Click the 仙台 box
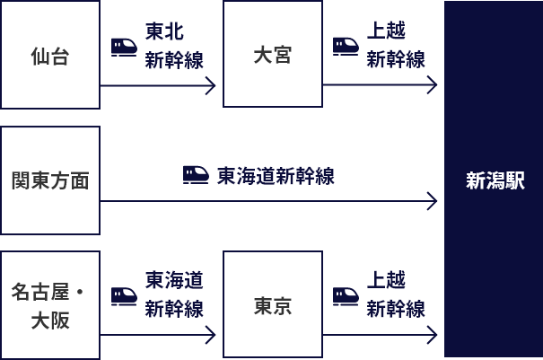[50, 55]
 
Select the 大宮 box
[273, 55]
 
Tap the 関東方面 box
[50, 180]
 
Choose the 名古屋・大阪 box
[50, 305]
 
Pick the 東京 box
[273, 305]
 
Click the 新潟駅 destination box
[494, 180]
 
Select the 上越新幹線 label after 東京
[386, 295]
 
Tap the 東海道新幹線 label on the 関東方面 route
[276, 176]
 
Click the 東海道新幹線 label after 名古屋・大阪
[174, 295]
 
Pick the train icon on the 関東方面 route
[196, 174]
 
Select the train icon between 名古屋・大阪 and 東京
[124, 295]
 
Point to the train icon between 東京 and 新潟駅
[346, 295]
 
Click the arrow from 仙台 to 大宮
[158, 86]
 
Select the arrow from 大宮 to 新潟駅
[380, 86]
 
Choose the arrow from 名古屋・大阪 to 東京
[158, 336]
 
